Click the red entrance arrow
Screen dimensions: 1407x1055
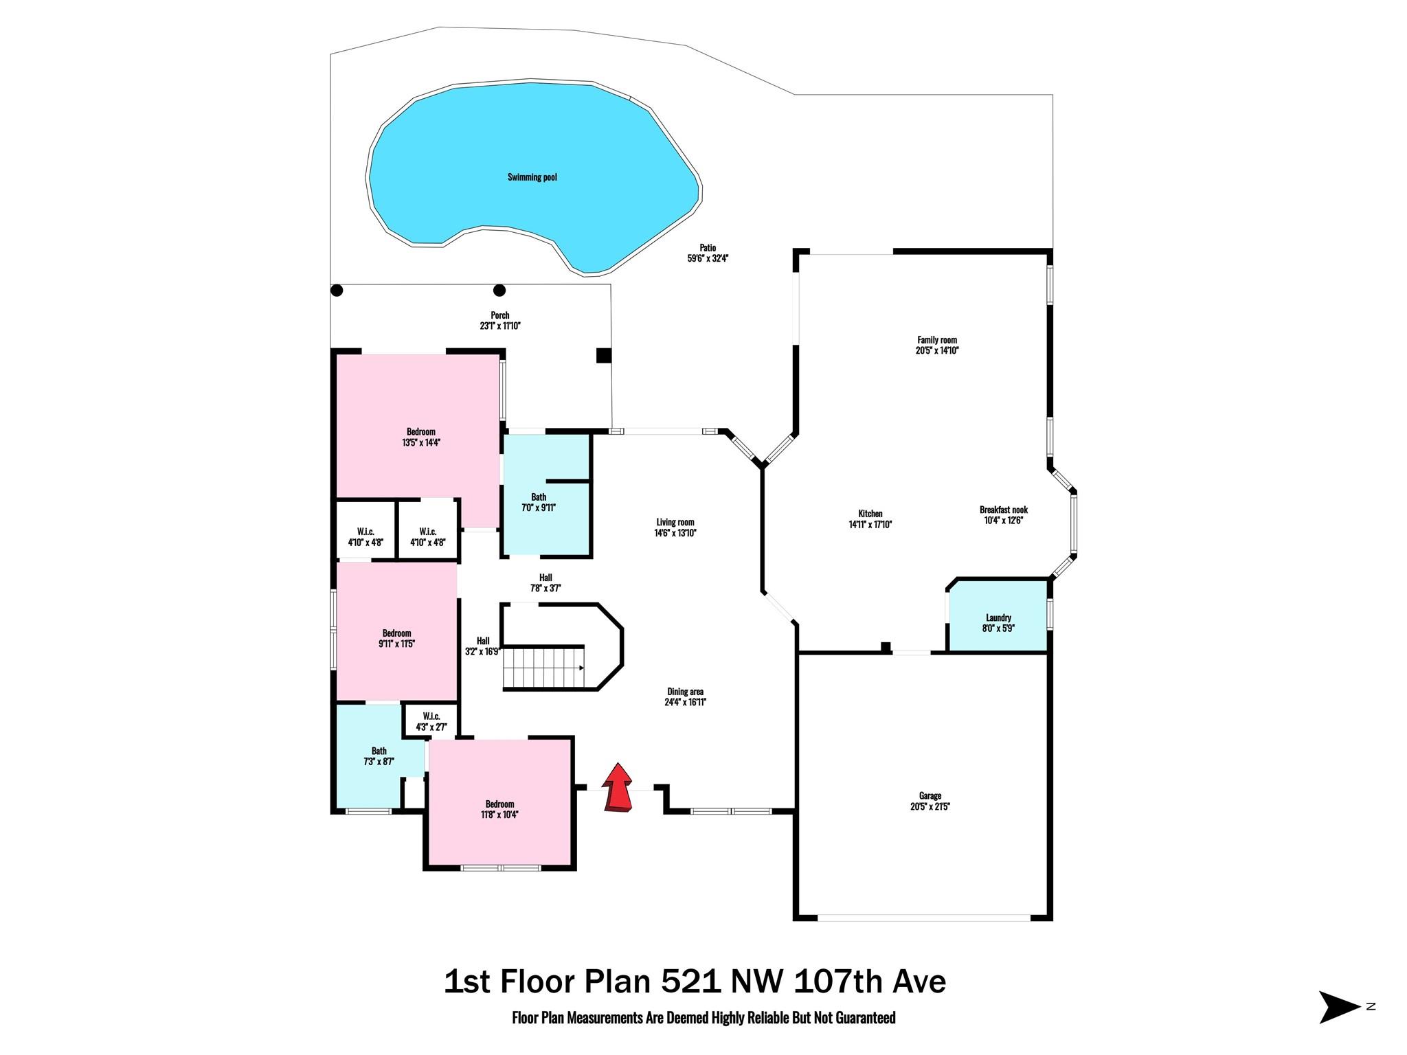(618, 788)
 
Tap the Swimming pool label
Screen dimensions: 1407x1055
(532, 177)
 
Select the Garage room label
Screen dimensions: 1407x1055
(930, 796)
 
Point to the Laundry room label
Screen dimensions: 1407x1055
(998, 617)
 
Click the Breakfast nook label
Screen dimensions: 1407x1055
(1004, 510)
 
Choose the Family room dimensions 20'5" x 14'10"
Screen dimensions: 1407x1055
(937, 350)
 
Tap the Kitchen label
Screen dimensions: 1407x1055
(870, 514)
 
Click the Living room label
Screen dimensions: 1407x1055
(675, 522)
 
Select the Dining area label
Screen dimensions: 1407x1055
(686, 692)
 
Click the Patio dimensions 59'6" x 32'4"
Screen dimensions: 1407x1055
(708, 259)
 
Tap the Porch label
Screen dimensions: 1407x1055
(500, 315)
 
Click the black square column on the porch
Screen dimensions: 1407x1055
(603, 355)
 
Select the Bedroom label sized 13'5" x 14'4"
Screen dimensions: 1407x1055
(421, 432)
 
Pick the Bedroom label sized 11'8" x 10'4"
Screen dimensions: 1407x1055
(499, 804)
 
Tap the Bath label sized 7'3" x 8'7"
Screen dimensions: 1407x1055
(379, 751)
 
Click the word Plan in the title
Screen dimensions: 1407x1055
(616, 982)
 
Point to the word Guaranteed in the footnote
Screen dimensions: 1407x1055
(864, 1017)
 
